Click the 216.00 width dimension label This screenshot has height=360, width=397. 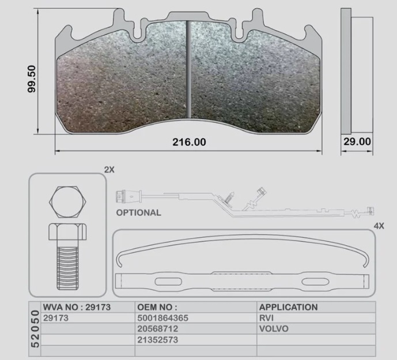pyautogui.click(x=188, y=142)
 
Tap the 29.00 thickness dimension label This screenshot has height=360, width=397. pyautogui.click(x=357, y=141)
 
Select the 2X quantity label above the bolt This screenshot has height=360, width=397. pyautogui.click(x=109, y=170)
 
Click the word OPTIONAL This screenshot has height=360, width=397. pyautogui.click(x=139, y=212)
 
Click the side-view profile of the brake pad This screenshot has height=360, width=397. pyautogui.click(x=351, y=70)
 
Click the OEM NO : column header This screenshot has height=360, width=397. pyautogui.click(x=157, y=307)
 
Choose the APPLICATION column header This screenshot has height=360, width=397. pyautogui.click(x=288, y=307)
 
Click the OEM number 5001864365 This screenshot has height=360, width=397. pyautogui.click(x=164, y=318)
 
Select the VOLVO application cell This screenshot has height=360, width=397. pyautogui.click(x=273, y=329)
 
